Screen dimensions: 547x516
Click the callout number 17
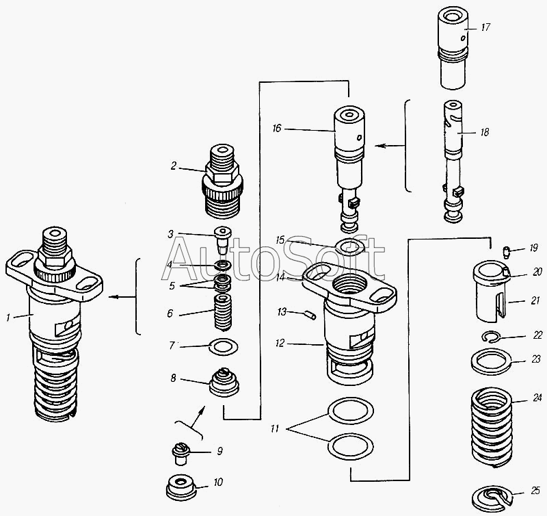click(485, 27)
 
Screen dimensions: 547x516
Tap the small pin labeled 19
click(506, 252)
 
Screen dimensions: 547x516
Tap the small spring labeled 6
click(223, 313)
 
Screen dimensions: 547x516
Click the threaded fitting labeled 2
click(222, 181)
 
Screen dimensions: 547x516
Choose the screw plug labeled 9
click(181, 454)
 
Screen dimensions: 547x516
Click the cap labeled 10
click(181, 487)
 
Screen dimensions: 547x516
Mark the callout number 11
click(275, 428)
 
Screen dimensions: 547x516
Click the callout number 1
click(8, 318)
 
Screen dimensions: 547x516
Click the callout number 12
click(280, 344)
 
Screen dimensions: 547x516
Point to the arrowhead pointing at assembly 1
click(112, 297)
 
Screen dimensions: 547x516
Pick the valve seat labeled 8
click(224, 382)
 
